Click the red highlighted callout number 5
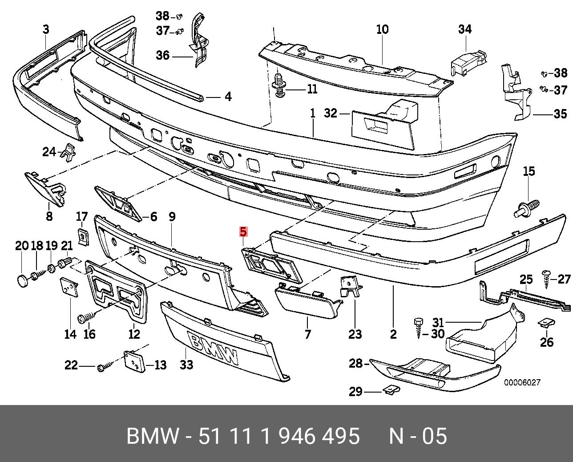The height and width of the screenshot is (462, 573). (243, 232)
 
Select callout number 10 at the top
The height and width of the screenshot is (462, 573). (382, 29)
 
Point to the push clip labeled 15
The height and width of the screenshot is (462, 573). (528, 208)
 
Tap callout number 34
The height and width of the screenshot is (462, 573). (464, 29)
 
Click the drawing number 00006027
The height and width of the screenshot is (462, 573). (522, 382)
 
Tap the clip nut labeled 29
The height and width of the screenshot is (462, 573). (391, 389)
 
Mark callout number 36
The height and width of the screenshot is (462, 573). (163, 56)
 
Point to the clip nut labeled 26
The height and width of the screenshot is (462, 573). (546, 323)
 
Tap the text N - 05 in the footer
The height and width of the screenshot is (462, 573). (418, 436)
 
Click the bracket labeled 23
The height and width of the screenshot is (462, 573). (350, 287)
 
